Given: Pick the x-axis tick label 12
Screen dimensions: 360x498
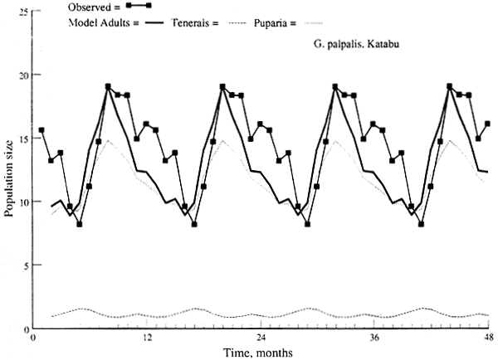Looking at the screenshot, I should click(x=147, y=338).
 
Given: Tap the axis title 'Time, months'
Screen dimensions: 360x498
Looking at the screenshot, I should click(x=256, y=353).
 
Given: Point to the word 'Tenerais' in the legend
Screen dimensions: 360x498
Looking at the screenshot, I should click(x=191, y=22).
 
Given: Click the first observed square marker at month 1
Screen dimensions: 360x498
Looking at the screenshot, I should click(x=41, y=130).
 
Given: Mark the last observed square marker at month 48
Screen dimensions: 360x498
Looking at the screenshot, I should click(x=488, y=124).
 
